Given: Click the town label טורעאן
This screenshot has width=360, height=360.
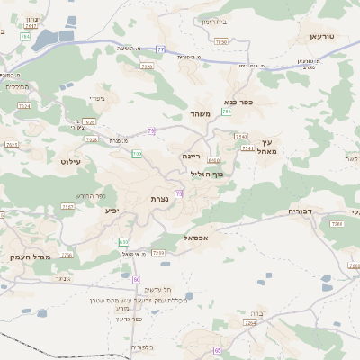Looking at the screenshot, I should [321, 37].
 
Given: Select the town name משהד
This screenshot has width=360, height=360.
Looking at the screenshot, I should [200, 114].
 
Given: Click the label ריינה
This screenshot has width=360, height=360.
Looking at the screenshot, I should [193, 156].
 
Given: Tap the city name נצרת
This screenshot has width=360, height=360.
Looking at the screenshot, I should [160, 198].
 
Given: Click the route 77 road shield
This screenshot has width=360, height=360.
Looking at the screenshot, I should [160, 49].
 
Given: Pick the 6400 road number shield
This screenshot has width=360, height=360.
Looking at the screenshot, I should [213, 160].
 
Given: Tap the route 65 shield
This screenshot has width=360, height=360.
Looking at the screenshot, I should [217, 349].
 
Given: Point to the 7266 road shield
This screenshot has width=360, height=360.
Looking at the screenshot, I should [337, 236].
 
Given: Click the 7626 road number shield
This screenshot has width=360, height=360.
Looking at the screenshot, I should [88, 121].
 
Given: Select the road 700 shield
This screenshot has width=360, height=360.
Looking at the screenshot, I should [137, 154].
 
